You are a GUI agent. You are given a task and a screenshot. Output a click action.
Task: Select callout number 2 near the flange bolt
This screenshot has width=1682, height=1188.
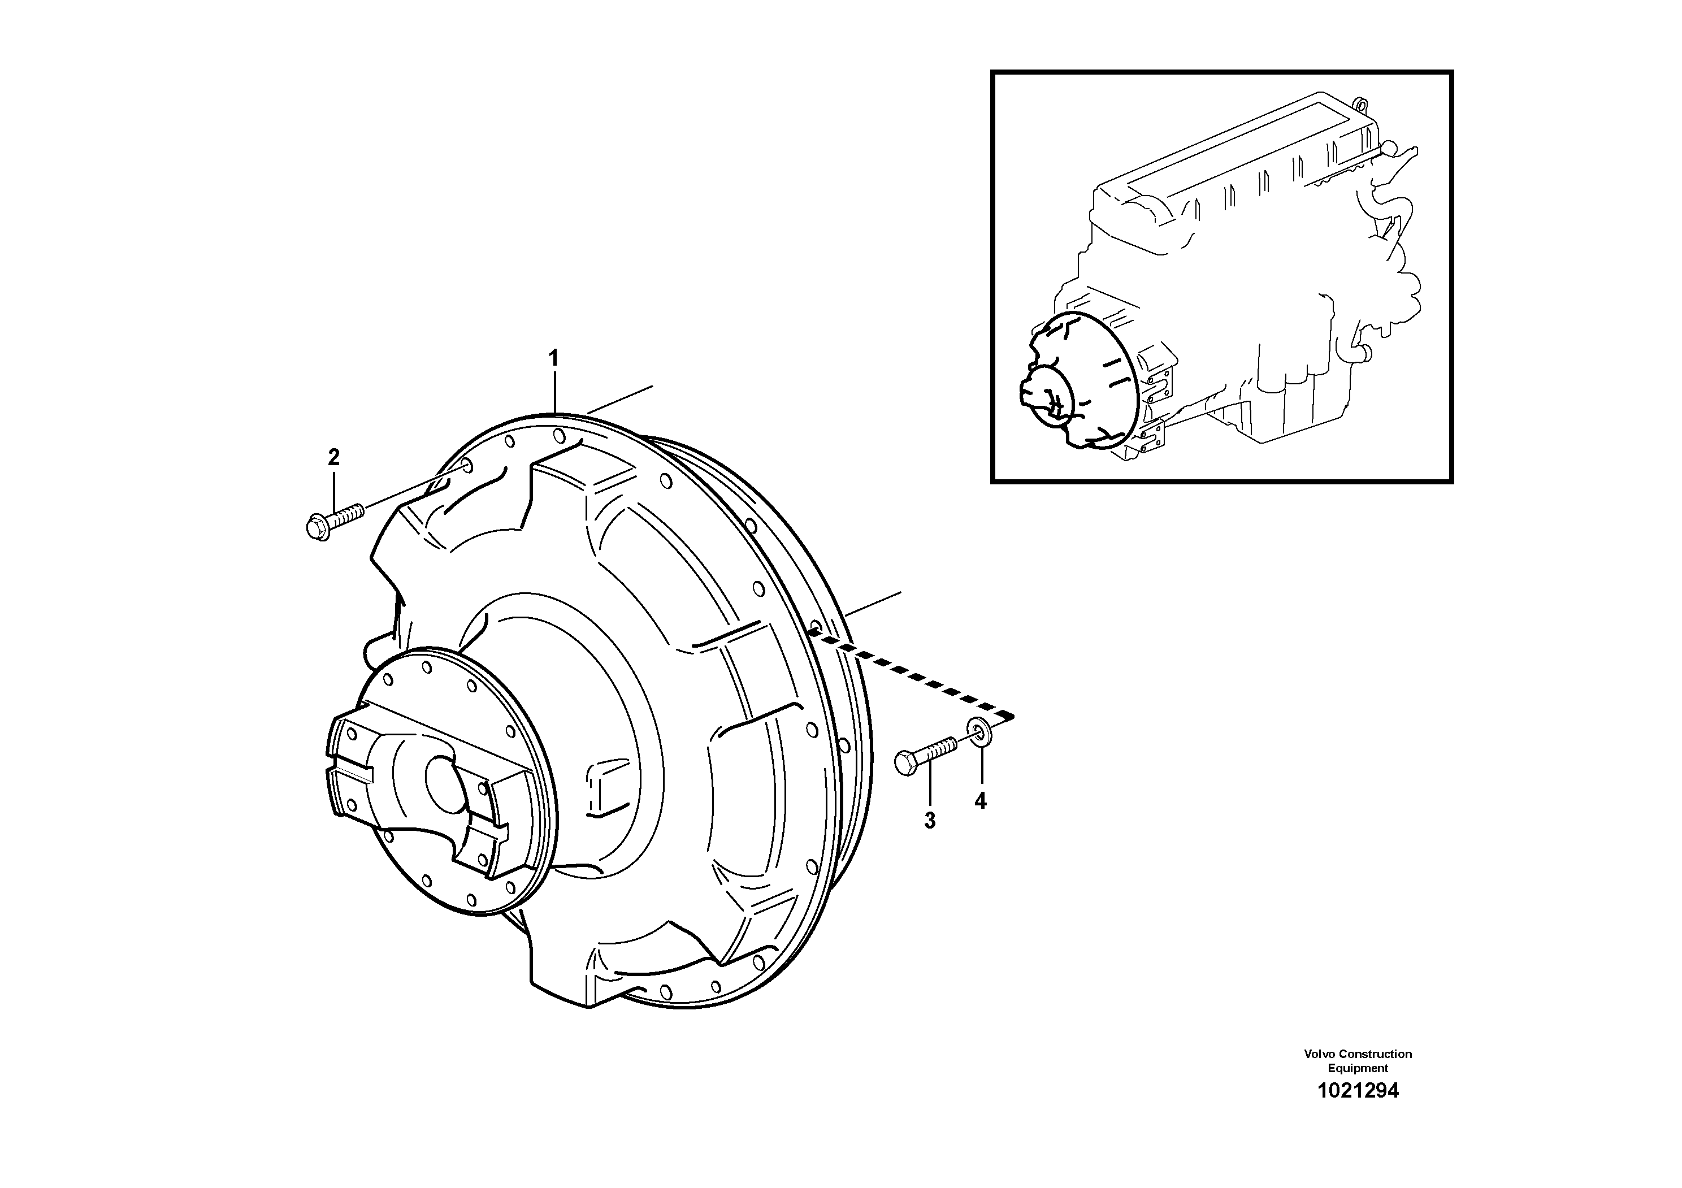point(333,458)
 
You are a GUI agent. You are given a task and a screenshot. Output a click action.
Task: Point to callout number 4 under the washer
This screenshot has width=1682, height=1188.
point(980,801)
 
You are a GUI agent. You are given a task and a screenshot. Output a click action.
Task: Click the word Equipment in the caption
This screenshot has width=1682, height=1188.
point(1358,1069)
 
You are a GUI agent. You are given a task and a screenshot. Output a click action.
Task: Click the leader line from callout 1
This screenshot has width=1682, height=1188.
point(554,392)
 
